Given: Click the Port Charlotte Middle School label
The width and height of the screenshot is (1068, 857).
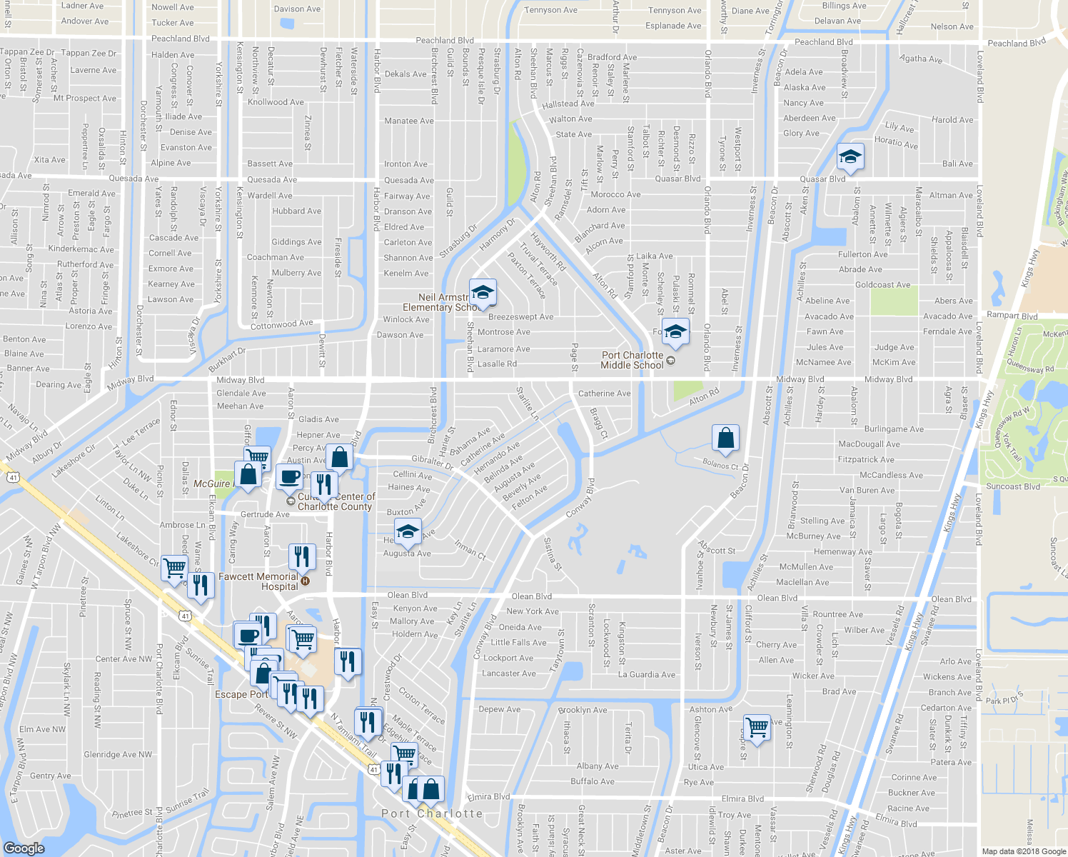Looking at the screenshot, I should tap(632, 360).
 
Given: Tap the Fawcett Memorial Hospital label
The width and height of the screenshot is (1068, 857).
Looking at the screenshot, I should tap(258, 581).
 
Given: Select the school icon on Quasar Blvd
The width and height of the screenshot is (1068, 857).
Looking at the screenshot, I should tap(850, 158).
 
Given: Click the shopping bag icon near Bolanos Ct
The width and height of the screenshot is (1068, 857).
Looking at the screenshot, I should tap(725, 438).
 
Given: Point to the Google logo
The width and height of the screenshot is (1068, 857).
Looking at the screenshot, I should tap(24, 848).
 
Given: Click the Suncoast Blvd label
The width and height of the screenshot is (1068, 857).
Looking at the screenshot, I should tap(1013, 486).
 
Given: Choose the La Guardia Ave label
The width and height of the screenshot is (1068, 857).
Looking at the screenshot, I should tap(646, 674).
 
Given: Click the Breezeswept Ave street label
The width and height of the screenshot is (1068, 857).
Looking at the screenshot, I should tap(520, 316).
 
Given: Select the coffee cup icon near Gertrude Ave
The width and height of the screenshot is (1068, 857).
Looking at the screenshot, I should tap(289, 476).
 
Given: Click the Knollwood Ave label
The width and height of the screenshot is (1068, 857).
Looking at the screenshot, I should tap(276, 102).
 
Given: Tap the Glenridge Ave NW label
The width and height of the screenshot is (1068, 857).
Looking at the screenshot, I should tap(118, 754).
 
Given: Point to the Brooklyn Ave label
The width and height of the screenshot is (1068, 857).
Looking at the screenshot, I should tap(583, 710).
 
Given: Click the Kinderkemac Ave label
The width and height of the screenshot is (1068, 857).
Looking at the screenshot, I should tap(81, 249).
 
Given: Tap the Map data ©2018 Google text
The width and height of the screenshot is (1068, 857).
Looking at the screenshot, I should tap(1023, 851).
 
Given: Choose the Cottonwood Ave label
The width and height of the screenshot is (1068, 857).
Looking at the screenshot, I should tap(281, 325).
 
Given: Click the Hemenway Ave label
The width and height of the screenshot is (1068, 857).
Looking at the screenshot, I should tap(842, 551).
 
